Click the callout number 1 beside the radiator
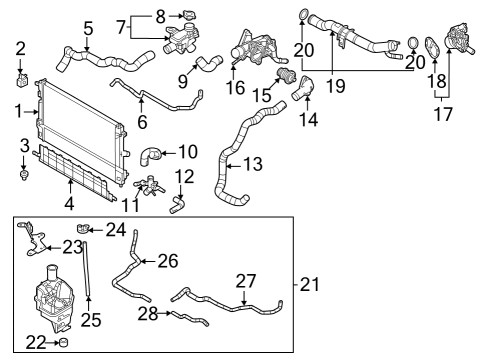(19, 111)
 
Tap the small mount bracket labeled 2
(22, 80)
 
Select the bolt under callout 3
(24, 175)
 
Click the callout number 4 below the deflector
(69, 203)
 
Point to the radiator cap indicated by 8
(189, 15)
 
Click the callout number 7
(121, 27)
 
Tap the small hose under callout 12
(176, 204)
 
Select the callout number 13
(253, 164)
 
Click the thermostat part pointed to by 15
(286, 75)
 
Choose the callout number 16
(235, 87)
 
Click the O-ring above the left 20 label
(303, 15)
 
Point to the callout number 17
(443, 114)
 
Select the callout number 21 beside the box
(310, 285)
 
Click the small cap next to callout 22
(63, 342)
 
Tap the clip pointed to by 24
(82, 229)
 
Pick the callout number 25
(91, 320)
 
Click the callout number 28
(148, 314)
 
